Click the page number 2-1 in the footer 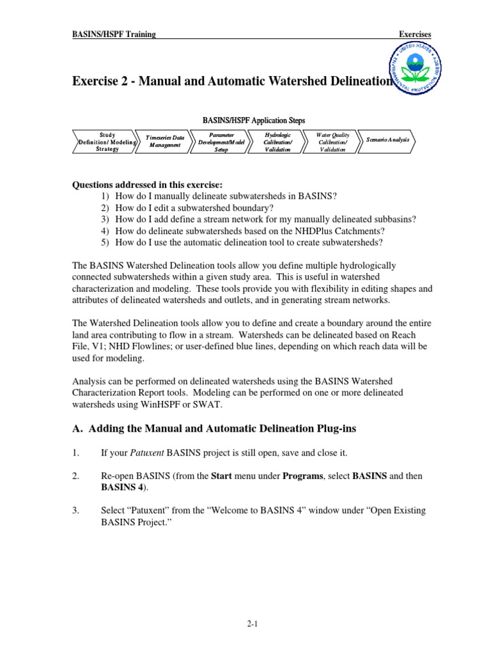pyautogui.click(x=245, y=623)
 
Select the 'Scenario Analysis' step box pyautogui.click(x=388, y=139)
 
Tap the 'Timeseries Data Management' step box pyautogui.click(x=164, y=141)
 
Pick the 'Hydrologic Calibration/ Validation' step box pyautogui.click(x=277, y=142)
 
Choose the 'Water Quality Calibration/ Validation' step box pyautogui.click(x=332, y=142)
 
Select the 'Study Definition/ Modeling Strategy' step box pyautogui.click(x=107, y=142)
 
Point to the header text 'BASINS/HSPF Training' pyautogui.click(x=113, y=34)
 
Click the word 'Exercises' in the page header pyautogui.click(x=415, y=34)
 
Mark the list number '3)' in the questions pyautogui.click(x=105, y=219)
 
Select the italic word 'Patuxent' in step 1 pyautogui.click(x=147, y=453)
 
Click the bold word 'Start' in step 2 pyautogui.click(x=221, y=477)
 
